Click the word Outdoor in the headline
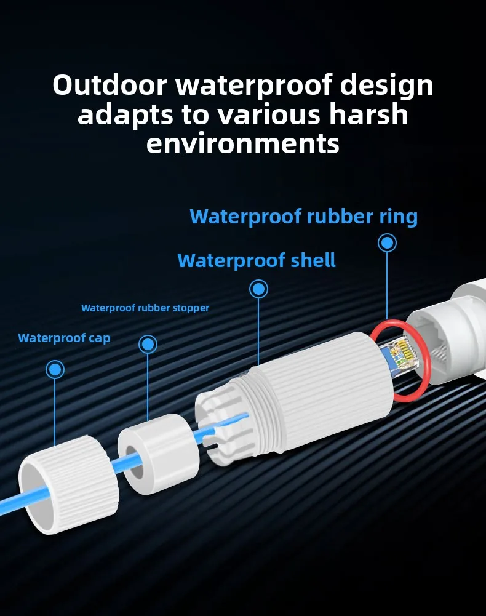point(110,85)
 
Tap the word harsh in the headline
point(368,114)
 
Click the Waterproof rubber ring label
point(303,217)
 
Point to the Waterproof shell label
point(257,260)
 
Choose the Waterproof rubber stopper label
point(145,308)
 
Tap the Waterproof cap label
point(64,338)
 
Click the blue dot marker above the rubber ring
point(387,243)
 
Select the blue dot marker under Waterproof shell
point(258,289)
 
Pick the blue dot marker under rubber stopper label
point(148,345)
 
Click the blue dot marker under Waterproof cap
point(55,370)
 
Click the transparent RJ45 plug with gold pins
point(400,357)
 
